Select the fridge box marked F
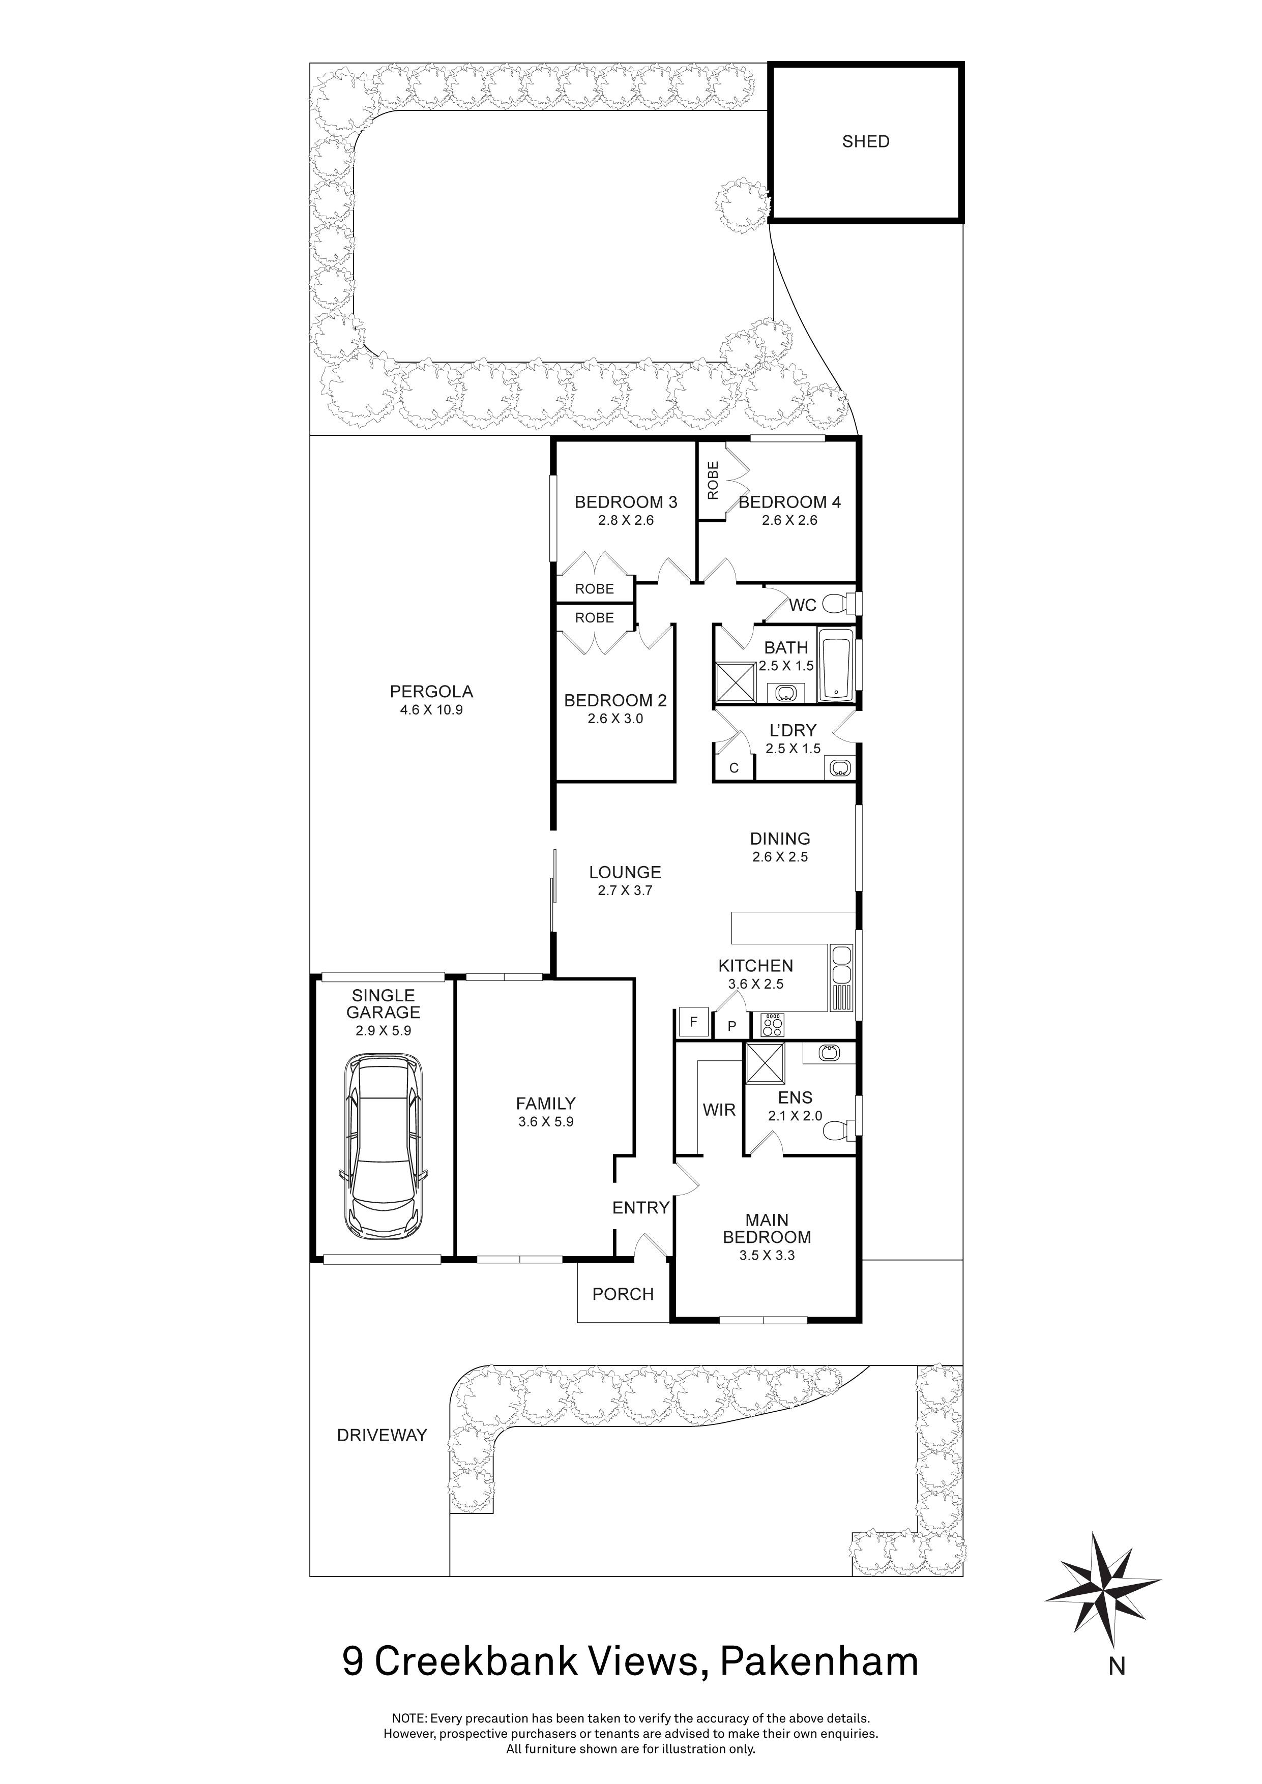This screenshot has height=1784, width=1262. pyautogui.click(x=692, y=1022)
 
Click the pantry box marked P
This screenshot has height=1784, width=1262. pyautogui.click(x=732, y=1026)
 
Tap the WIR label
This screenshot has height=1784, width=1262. pyautogui.click(x=719, y=1110)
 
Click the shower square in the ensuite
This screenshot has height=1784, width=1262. pyautogui.click(x=765, y=1063)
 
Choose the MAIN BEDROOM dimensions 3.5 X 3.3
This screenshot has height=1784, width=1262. pyautogui.click(x=766, y=1255)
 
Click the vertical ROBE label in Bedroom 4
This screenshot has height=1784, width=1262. pyautogui.click(x=713, y=480)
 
